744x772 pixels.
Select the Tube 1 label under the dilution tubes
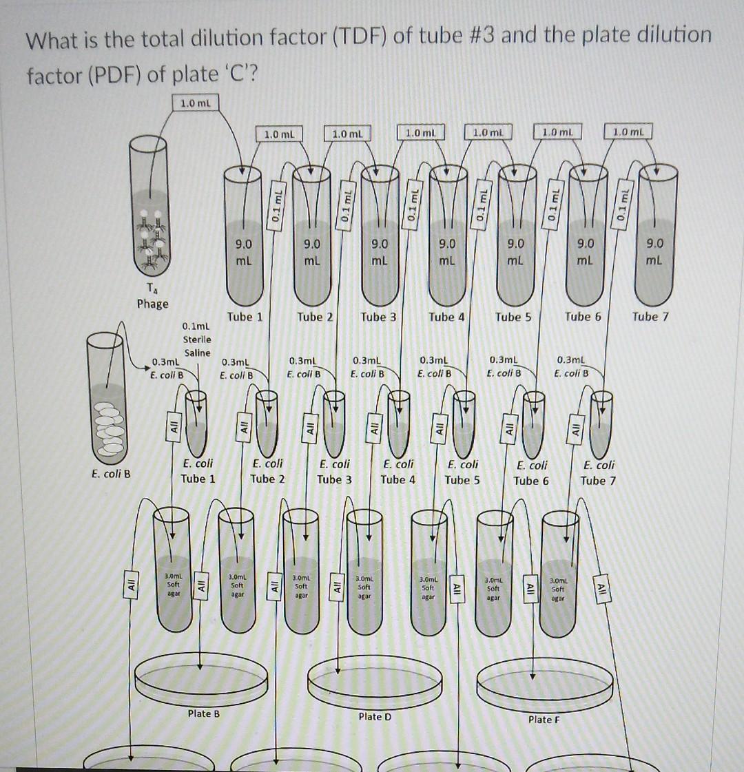(x=245, y=317)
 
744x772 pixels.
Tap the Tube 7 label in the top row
(x=650, y=317)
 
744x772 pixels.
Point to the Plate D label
(x=375, y=716)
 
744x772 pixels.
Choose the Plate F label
(x=544, y=719)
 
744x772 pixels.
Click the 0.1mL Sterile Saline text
(x=197, y=339)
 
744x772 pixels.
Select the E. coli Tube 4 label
(x=398, y=472)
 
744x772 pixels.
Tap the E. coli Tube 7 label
(x=599, y=472)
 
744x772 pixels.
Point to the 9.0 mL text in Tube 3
(x=379, y=251)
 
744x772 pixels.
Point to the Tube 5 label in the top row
(x=513, y=317)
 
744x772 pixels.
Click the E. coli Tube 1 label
(x=197, y=471)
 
